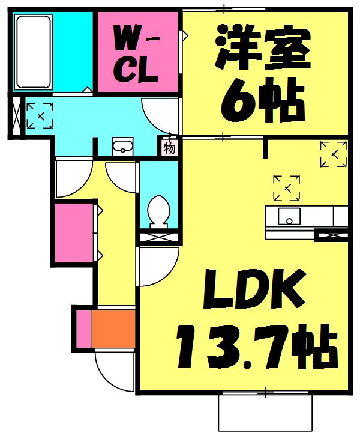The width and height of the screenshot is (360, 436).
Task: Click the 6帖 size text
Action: (261, 101)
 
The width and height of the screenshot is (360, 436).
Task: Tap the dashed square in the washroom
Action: (40, 115)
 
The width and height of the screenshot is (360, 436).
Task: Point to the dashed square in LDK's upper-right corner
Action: (332, 154)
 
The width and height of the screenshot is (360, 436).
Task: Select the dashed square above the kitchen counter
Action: (287, 188)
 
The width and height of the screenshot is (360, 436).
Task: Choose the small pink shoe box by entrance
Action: (83, 328)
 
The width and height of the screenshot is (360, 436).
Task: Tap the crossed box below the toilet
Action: (159, 237)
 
